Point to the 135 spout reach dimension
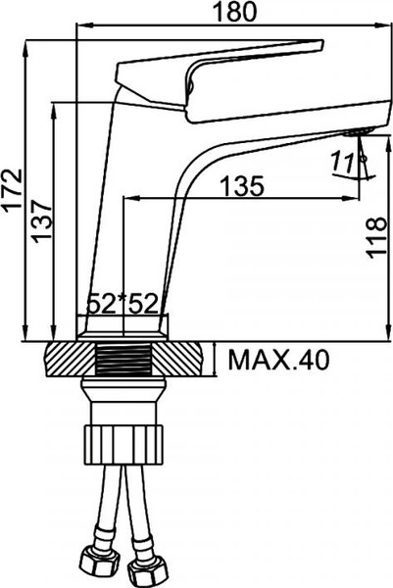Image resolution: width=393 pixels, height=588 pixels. click(245, 185)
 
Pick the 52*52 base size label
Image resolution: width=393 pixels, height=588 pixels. click(123, 304)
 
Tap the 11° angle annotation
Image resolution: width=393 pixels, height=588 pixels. click(346, 161)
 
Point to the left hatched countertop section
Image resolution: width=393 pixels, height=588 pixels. click(71, 360)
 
